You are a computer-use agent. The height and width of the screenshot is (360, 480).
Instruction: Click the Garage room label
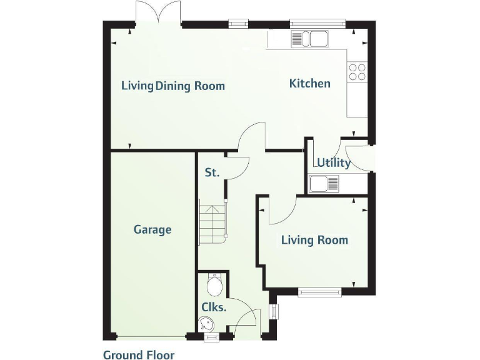(152, 229)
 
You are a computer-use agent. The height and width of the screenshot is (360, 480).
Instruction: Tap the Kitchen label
(309, 83)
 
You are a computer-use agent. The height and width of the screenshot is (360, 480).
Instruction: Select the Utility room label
(333, 163)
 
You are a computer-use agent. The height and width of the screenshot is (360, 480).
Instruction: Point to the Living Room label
(314, 240)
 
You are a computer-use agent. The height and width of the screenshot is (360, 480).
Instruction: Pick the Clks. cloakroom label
(214, 307)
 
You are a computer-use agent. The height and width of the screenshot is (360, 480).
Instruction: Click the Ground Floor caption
(139, 354)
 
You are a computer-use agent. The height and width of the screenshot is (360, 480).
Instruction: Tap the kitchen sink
(309, 39)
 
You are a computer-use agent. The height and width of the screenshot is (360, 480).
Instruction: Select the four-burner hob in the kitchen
(357, 72)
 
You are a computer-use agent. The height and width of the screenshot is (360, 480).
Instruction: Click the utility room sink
(324, 184)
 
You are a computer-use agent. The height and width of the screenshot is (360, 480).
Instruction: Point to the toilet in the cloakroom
(214, 285)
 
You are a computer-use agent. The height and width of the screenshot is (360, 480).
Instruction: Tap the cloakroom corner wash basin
(206, 324)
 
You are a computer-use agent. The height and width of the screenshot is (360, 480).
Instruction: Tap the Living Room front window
(319, 291)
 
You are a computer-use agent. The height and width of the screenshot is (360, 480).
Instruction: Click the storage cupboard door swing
(238, 166)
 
